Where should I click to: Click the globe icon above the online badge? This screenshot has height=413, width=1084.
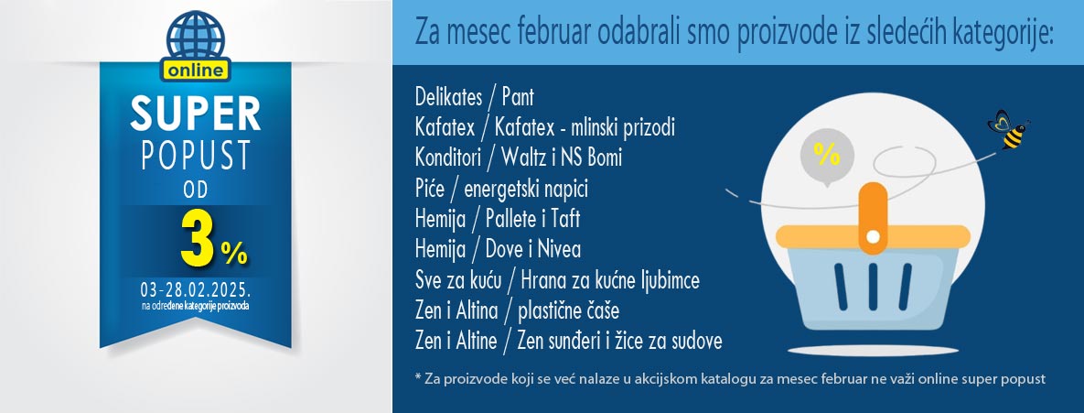tap(196, 37)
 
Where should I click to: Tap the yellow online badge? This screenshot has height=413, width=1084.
tap(196, 70)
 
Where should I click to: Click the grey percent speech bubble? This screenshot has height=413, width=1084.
tap(826, 156)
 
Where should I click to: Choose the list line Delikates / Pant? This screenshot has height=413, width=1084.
tap(474, 96)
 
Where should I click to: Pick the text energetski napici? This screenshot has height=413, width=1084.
tap(526, 189)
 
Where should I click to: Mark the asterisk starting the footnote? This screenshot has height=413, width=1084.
tap(418, 377)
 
